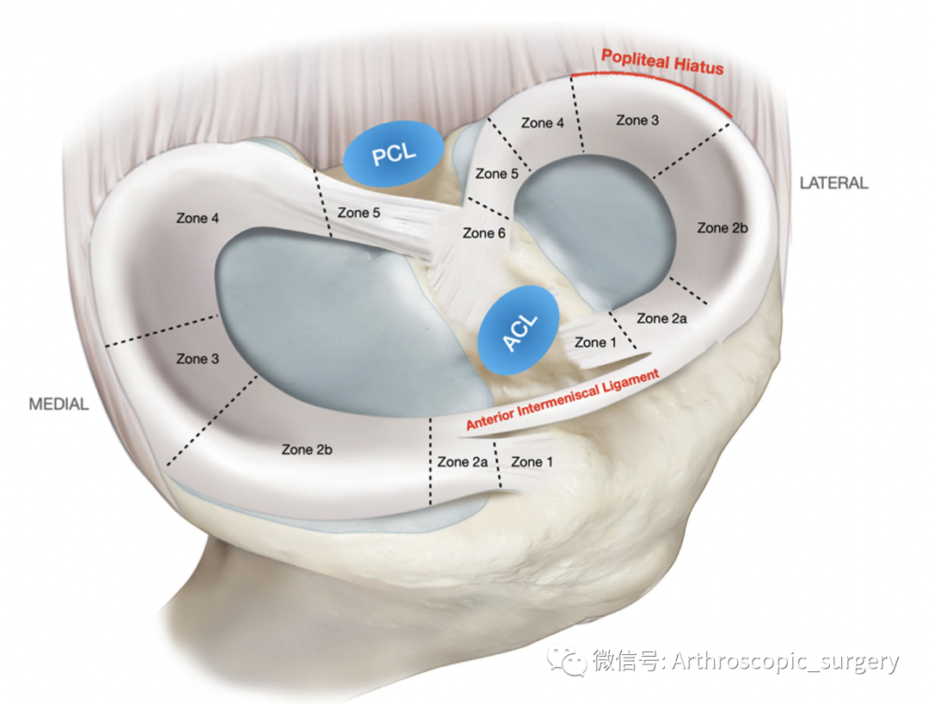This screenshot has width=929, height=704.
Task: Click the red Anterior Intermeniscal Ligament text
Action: pos(563,399)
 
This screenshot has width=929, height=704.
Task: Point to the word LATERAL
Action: pos(834,183)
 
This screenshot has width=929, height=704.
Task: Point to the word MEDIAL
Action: pos(58,404)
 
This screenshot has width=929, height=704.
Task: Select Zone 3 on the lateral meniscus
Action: pos(637,120)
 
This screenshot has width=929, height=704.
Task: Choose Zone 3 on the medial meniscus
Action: pos(197,359)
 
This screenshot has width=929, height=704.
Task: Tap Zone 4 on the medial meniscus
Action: pos(197,219)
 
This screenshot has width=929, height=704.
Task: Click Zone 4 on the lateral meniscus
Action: pos(542,123)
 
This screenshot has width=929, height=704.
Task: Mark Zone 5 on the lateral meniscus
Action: pos(496,174)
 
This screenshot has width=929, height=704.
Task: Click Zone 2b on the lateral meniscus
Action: pos(723,228)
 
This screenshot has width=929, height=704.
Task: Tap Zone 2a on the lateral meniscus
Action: pos(663,318)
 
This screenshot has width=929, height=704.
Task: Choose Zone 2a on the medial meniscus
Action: pos(462,462)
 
